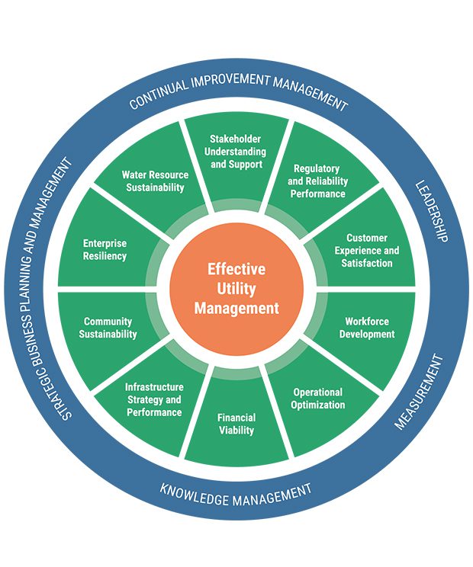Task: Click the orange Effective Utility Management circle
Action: point(236,289)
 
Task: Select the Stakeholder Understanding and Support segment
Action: point(236,152)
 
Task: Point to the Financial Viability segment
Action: point(236,424)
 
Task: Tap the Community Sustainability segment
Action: point(108,328)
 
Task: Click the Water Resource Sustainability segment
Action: point(155,181)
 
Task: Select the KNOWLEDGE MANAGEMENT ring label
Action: point(236,494)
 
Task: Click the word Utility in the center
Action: point(236,289)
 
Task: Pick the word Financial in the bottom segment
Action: point(236,418)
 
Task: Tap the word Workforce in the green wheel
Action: point(367,322)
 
